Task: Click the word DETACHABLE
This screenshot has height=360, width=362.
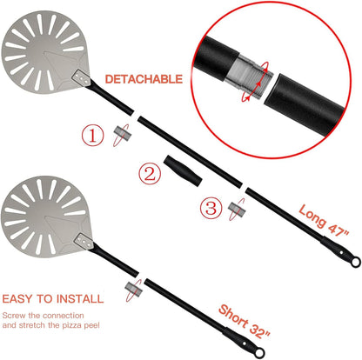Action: click(144, 79)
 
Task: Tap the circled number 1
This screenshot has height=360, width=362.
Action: click(92, 136)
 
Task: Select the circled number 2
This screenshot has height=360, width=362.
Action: click(150, 174)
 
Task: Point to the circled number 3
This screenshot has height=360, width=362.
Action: click(211, 208)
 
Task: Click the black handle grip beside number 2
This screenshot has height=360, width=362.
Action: click(183, 171)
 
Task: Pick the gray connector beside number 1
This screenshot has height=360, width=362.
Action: click(122, 133)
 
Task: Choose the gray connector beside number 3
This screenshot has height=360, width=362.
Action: click(238, 210)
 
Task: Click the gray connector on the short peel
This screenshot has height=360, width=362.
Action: click(134, 290)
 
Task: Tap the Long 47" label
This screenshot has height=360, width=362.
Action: click(324, 220)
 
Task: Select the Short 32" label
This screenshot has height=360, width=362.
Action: click(245, 322)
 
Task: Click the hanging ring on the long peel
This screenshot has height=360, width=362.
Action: click(355, 262)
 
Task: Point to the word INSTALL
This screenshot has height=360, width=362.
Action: click(80, 299)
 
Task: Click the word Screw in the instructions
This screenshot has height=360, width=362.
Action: click(14, 315)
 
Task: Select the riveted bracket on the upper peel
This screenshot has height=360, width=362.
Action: click(82, 77)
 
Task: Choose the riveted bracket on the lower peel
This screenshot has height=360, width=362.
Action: click(84, 241)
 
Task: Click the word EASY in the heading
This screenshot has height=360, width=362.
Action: click(17, 299)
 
